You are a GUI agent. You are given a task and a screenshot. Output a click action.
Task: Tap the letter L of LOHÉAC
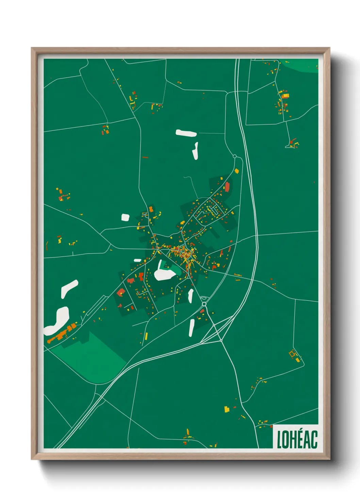[x=279, y=440]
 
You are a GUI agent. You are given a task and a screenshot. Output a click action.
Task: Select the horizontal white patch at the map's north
[x=186, y=133]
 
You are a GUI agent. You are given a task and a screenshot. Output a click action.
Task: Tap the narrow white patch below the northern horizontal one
[x=195, y=151]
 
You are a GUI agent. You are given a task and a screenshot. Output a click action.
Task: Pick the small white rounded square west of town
[x=126, y=217]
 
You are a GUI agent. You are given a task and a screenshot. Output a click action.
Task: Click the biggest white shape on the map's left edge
[x=57, y=320]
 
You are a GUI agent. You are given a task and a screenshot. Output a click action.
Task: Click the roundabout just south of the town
[x=204, y=304]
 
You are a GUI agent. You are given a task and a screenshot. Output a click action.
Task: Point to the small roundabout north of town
[x=234, y=156]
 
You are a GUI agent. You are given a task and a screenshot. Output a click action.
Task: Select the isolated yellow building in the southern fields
[x=227, y=409]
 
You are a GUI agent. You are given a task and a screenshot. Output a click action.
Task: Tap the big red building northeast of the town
[x=227, y=187]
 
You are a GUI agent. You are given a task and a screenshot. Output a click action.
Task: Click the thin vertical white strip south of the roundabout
[x=192, y=327]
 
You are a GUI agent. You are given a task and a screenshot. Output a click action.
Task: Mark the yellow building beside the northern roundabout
[x=237, y=171]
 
